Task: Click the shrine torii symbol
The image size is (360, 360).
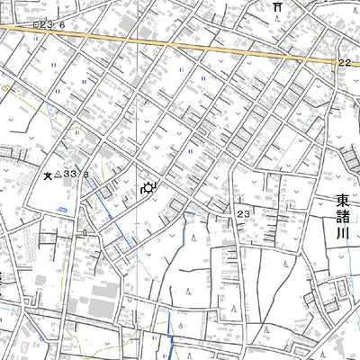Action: click(278, 6)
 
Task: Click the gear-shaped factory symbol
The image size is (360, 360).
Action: click(148, 188)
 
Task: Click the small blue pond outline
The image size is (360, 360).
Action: click(63, 209)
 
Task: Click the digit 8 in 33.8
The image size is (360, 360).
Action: click(86, 175)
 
